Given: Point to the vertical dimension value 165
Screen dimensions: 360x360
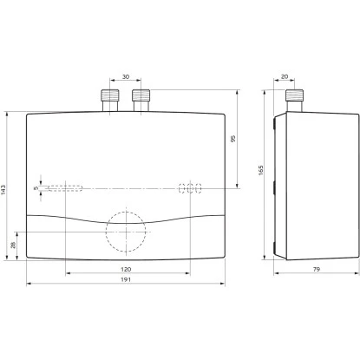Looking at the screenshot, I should pos(260,171).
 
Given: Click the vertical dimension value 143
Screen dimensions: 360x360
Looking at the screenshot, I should pos(6,191).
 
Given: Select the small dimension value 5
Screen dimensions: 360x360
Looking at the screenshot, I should pos(36,187).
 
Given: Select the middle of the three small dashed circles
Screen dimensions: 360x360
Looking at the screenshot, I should pos(191,187).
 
